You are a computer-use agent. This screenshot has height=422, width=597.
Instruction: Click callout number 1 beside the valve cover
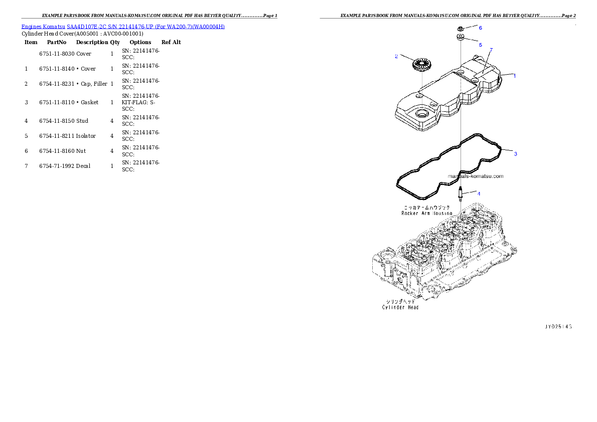(514, 76)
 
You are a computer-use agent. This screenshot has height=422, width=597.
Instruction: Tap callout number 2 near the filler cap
(396, 56)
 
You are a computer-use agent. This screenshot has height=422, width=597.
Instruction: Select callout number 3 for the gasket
(515, 154)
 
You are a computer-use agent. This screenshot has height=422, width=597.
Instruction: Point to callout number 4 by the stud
(479, 193)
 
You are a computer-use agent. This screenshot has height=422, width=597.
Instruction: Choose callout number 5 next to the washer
(480, 45)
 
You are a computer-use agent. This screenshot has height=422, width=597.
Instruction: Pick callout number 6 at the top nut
(480, 28)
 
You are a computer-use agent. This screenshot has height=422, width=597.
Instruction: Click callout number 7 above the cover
(491, 50)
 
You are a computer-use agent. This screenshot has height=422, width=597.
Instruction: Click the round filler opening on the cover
(421, 113)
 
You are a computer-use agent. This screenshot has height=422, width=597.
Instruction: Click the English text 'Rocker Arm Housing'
(427, 213)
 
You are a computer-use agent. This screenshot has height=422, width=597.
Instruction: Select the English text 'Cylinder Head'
(400, 307)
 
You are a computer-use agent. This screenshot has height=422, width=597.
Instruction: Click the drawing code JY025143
(558, 327)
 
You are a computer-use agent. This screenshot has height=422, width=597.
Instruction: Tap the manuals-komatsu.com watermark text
(475, 176)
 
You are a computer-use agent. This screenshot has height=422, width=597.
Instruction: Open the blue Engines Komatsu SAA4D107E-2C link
(123, 26)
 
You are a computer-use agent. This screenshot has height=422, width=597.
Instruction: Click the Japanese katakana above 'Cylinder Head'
(400, 302)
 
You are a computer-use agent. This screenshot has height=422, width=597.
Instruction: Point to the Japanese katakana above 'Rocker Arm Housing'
(427, 207)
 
